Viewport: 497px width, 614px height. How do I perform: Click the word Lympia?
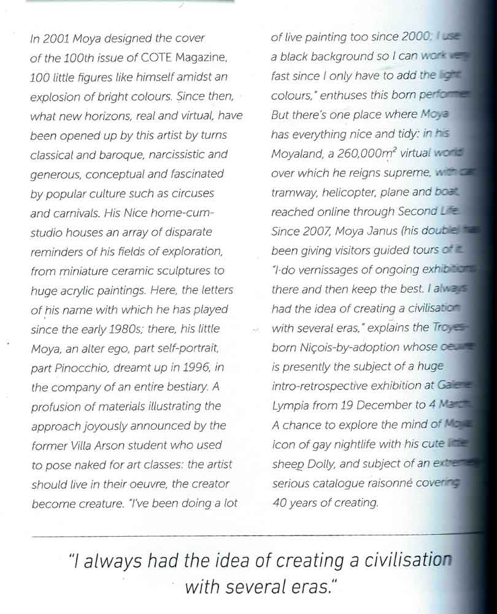pyautogui.click(x=290, y=405)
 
